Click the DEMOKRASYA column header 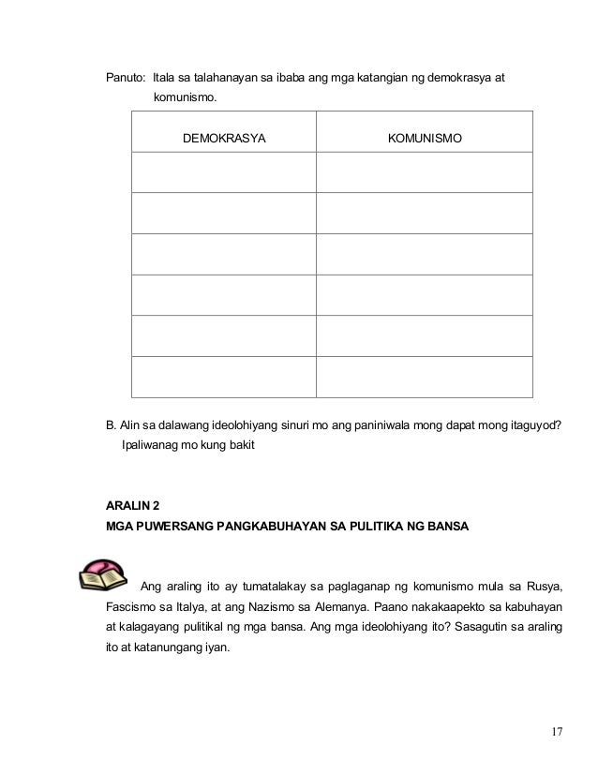224,139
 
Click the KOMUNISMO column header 425,139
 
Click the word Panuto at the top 125,76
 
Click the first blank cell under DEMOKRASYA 224,171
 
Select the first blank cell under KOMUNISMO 425,171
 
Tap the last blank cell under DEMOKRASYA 224,377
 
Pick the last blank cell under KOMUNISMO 425,377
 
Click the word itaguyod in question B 537,425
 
